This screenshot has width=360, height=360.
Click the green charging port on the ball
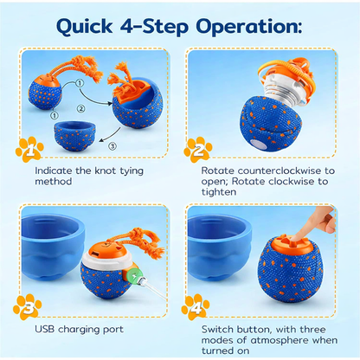coord(132,275)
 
